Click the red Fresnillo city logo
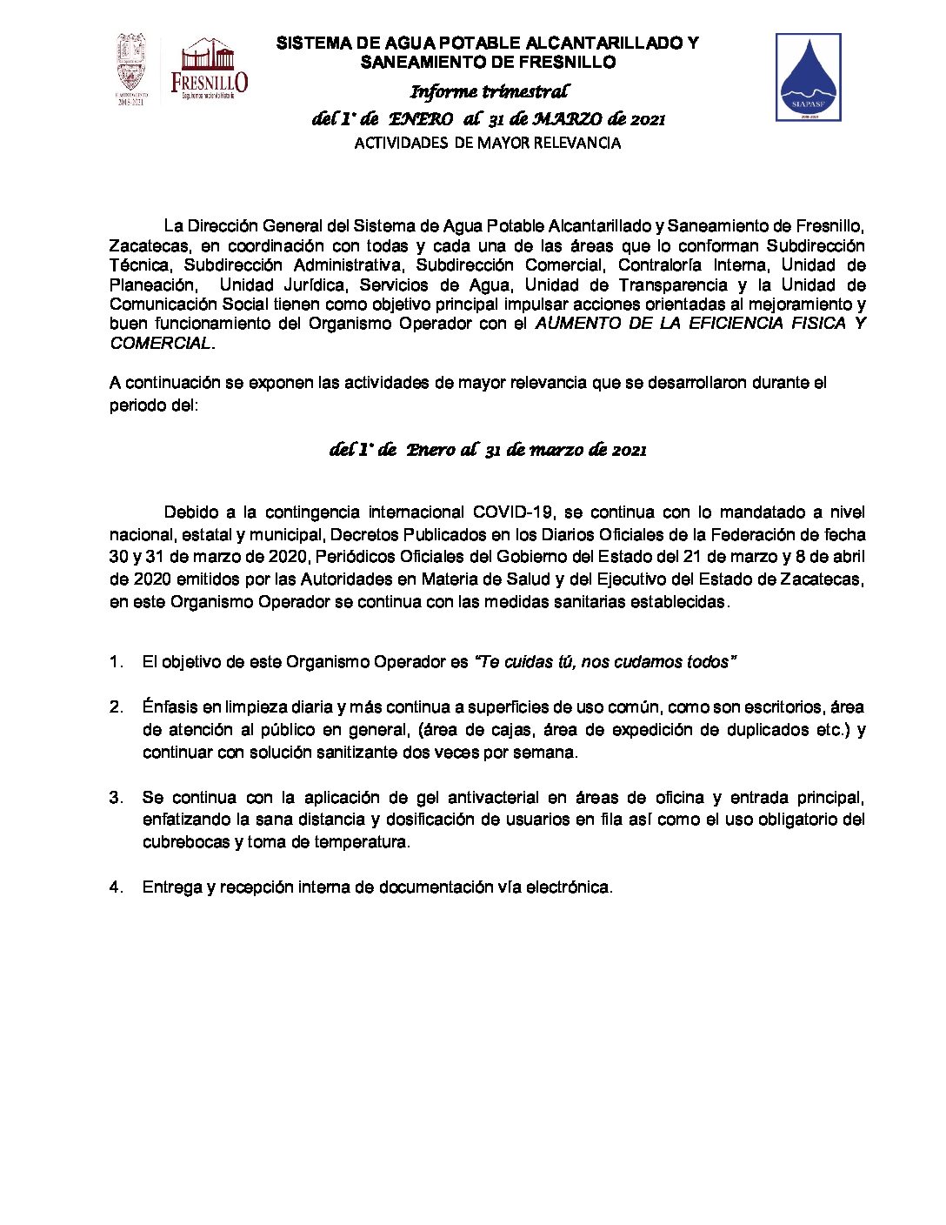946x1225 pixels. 209,70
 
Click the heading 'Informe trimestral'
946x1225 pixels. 489,91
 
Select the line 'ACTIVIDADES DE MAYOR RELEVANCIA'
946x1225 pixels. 488,144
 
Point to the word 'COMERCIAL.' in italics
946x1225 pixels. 162,343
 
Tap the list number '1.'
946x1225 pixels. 117,662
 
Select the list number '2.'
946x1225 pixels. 117,707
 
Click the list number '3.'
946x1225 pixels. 117,797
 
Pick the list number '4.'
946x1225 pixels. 117,887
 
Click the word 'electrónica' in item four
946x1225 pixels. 568,887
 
